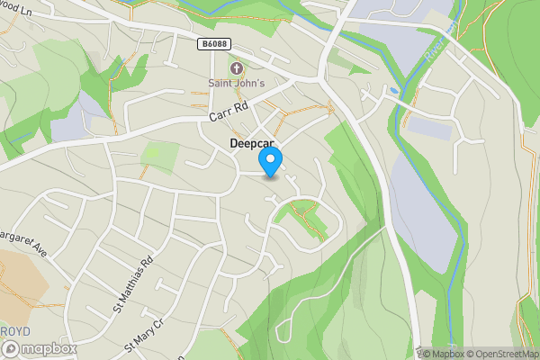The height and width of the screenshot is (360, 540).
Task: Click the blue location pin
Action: (270, 162)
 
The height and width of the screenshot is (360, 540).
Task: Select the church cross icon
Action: (237, 68)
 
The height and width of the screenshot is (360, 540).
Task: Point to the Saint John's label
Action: (237, 85)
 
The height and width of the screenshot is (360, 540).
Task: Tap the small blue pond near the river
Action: (393, 91)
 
